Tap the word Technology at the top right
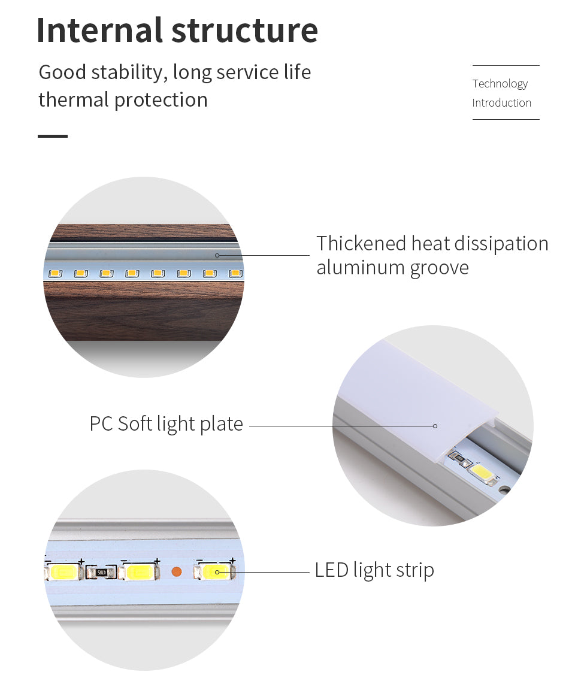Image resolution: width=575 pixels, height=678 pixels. [x=500, y=84]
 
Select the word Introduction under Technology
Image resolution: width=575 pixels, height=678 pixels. [x=501, y=103]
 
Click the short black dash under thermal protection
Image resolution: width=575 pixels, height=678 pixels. [x=53, y=136]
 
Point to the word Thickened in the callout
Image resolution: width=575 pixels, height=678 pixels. [x=361, y=244]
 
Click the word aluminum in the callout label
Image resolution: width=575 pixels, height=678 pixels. [x=360, y=268]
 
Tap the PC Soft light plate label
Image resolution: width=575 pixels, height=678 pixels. [x=167, y=424]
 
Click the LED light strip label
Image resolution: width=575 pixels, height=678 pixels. [x=374, y=570]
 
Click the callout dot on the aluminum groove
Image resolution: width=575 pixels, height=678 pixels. [x=217, y=255]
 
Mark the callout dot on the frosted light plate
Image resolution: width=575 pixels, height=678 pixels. [x=435, y=426]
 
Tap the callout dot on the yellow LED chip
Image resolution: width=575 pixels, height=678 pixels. [x=217, y=572]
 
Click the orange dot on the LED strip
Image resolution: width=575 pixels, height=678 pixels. [x=177, y=571]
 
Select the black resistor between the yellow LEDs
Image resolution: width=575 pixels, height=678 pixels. [x=100, y=573]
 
